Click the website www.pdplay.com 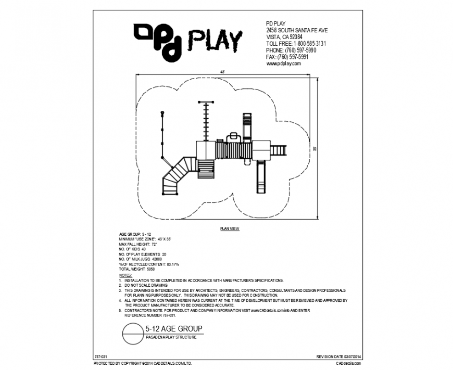[284, 63]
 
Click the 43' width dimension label [223, 71]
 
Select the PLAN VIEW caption [229, 228]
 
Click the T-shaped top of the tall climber [206, 103]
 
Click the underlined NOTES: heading [125, 274]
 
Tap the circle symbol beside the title [132, 333]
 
